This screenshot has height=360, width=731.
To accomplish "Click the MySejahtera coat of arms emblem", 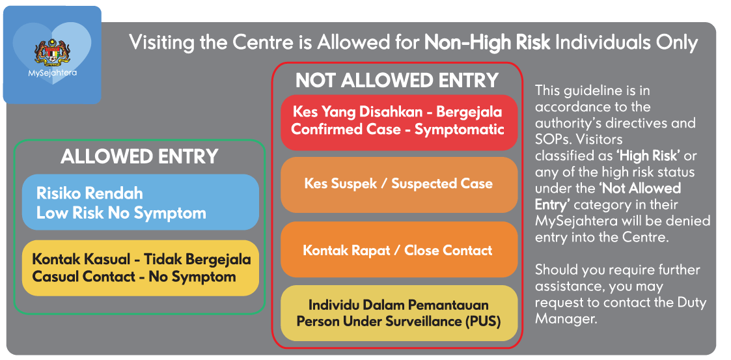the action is click(52, 53).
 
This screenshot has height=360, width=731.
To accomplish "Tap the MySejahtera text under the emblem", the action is click(52, 73).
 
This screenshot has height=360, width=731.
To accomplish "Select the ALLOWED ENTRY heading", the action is click(139, 157).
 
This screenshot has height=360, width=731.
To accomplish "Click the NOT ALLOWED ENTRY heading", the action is click(397, 81).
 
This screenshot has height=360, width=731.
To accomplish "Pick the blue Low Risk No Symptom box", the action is click(141, 202).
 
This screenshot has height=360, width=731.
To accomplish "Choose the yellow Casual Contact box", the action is click(141, 268).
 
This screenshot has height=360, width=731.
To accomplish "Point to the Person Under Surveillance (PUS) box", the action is click(399, 313).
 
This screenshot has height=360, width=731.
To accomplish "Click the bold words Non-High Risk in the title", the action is click(487, 43).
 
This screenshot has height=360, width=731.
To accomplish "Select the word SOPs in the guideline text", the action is click(553, 139).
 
